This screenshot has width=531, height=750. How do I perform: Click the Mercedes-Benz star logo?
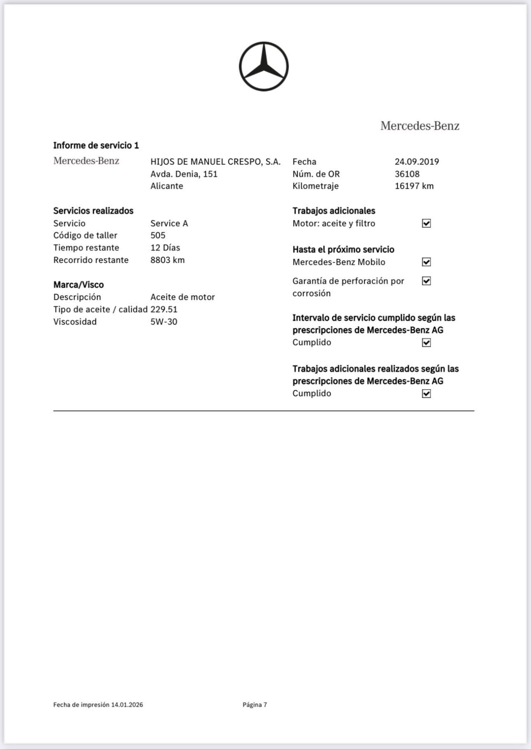click(x=263, y=66)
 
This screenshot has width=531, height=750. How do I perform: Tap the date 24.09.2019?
click(x=417, y=162)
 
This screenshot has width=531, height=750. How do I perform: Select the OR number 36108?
click(x=407, y=174)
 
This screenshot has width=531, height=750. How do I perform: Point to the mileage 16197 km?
click(x=414, y=186)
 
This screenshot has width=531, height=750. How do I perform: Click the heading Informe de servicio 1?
click(x=96, y=145)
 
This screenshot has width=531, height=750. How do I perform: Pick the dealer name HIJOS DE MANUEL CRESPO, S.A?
click(x=215, y=162)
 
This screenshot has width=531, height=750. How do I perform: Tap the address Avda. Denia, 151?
click(x=184, y=174)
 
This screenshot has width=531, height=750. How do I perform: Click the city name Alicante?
click(x=167, y=186)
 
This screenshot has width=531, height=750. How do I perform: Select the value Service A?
click(x=169, y=223)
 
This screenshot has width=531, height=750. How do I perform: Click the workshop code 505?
click(x=158, y=235)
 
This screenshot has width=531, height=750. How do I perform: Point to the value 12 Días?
click(x=165, y=247)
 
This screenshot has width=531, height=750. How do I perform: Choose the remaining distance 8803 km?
click(x=167, y=260)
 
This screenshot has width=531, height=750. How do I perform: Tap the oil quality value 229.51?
click(x=164, y=309)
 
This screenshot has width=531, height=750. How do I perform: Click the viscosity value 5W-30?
click(x=164, y=322)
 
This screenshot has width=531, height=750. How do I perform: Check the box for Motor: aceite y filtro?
click(x=426, y=223)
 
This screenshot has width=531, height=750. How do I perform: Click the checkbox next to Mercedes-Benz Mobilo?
click(x=426, y=262)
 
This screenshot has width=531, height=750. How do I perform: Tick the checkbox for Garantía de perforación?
click(x=426, y=281)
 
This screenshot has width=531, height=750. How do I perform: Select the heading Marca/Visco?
click(x=78, y=285)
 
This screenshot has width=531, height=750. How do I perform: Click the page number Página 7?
click(x=255, y=705)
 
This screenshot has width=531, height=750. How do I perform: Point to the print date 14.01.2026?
click(x=127, y=705)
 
